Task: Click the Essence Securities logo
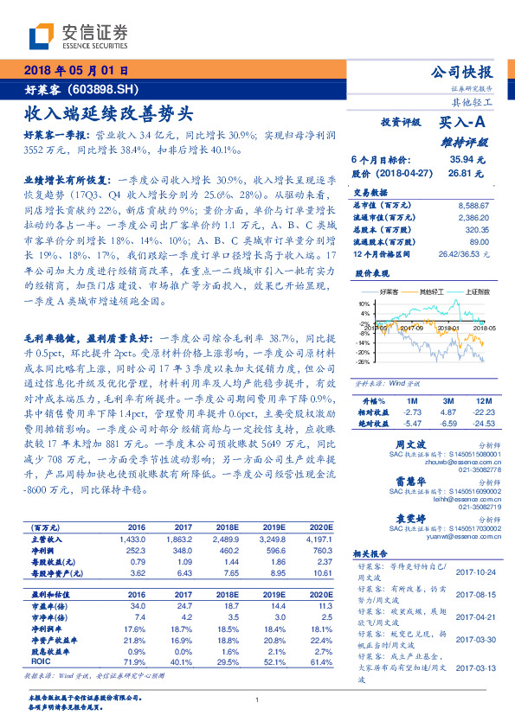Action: coord(78,35)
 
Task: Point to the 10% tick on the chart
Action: coord(363,304)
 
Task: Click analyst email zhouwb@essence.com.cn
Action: coord(458,463)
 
